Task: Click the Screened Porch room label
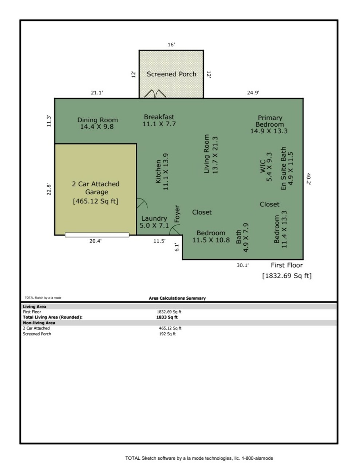coord(171,74)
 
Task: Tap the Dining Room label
coord(98,123)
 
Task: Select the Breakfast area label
coord(159,120)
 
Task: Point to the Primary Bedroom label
coord(269,124)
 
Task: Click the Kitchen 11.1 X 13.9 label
coord(162,171)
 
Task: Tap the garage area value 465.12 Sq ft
coord(96,201)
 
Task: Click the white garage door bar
coord(97,235)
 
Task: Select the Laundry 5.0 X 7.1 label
coord(154,222)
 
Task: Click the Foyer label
coord(177,214)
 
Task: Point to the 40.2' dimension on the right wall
coord(309,179)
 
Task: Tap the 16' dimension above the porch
coord(171,45)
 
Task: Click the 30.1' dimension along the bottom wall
coord(242,265)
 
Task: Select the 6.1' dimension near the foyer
coord(177,247)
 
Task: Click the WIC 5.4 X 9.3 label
coord(266,167)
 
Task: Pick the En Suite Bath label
coord(287,168)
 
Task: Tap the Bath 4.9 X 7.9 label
coord(242,238)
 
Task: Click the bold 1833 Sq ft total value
coord(167,317)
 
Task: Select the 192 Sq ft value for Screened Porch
coord(167,334)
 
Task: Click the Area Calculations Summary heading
coord(177,298)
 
